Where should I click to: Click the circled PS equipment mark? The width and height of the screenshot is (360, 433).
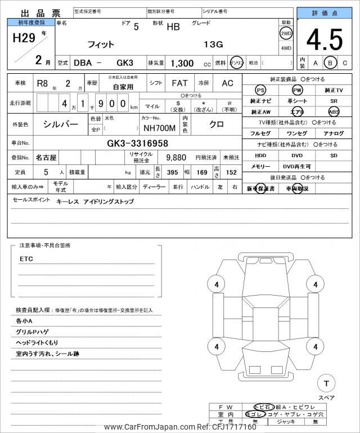(x=260, y=90)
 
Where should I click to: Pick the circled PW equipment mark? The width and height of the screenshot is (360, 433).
(x=297, y=90)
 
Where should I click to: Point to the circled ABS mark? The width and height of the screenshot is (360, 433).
(x=334, y=111)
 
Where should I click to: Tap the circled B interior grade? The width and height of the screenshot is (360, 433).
(x=331, y=63)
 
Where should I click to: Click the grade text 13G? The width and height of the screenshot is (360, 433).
(x=213, y=44)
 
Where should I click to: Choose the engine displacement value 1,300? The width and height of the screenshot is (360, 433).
(x=182, y=64)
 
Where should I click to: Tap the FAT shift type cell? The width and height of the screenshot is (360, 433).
(x=179, y=83)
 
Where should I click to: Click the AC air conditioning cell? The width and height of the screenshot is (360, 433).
(x=227, y=83)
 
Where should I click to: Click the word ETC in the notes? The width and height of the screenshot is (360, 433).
(x=26, y=259)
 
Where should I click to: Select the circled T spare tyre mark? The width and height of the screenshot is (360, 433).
(x=326, y=383)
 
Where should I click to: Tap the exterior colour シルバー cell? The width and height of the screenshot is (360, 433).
(x=61, y=124)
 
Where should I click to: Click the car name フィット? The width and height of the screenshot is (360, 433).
(x=101, y=44)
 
